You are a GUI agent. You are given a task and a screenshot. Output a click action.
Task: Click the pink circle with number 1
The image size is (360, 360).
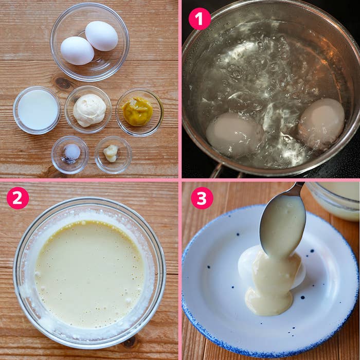[x=200, y=19]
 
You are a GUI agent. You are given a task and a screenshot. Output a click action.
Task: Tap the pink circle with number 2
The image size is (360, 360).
[x=17, y=198]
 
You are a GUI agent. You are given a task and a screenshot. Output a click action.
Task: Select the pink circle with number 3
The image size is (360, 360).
[x=202, y=198]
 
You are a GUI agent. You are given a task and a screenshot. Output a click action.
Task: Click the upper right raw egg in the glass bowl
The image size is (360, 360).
[x=101, y=36]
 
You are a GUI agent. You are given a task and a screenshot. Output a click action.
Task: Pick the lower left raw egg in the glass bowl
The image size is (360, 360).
[x=77, y=51]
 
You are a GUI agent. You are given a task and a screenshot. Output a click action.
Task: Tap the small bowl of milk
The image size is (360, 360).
[x=38, y=110]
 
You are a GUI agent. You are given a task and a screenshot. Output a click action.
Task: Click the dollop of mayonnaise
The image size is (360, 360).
[x=89, y=110]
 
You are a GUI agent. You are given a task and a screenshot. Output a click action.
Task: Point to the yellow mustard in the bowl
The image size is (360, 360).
[x=137, y=112]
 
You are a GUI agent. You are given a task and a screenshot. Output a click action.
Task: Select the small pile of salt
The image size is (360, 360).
[x=72, y=152]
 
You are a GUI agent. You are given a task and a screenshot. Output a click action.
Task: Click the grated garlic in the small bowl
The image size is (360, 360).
[x=111, y=153]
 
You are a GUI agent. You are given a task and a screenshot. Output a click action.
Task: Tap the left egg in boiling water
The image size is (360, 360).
[x=234, y=134]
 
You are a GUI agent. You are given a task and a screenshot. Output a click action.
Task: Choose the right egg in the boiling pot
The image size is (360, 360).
[x=321, y=123]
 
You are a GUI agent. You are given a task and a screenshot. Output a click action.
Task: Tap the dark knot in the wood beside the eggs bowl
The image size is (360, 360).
[x=63, y=83]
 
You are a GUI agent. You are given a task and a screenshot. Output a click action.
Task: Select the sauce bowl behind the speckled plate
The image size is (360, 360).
[x=334, y=200]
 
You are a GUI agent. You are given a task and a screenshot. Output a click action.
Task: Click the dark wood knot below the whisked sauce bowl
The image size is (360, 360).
[x=130, y=342]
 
